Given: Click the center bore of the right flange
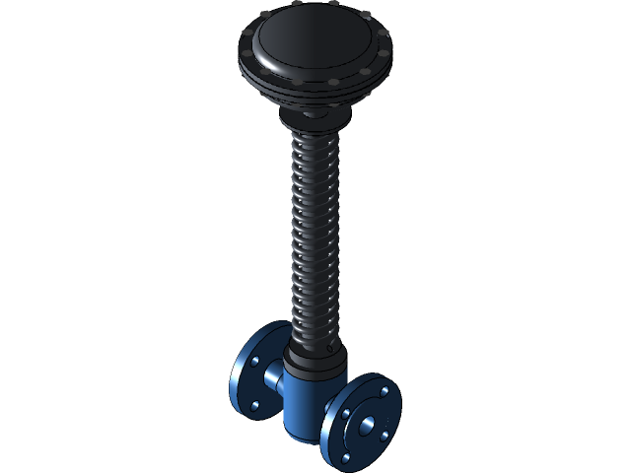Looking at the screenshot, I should (367, 426).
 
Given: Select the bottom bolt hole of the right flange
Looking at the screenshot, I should (348, 460).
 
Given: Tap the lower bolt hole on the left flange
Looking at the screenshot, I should (255, 405).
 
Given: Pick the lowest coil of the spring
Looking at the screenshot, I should (315, 331).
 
